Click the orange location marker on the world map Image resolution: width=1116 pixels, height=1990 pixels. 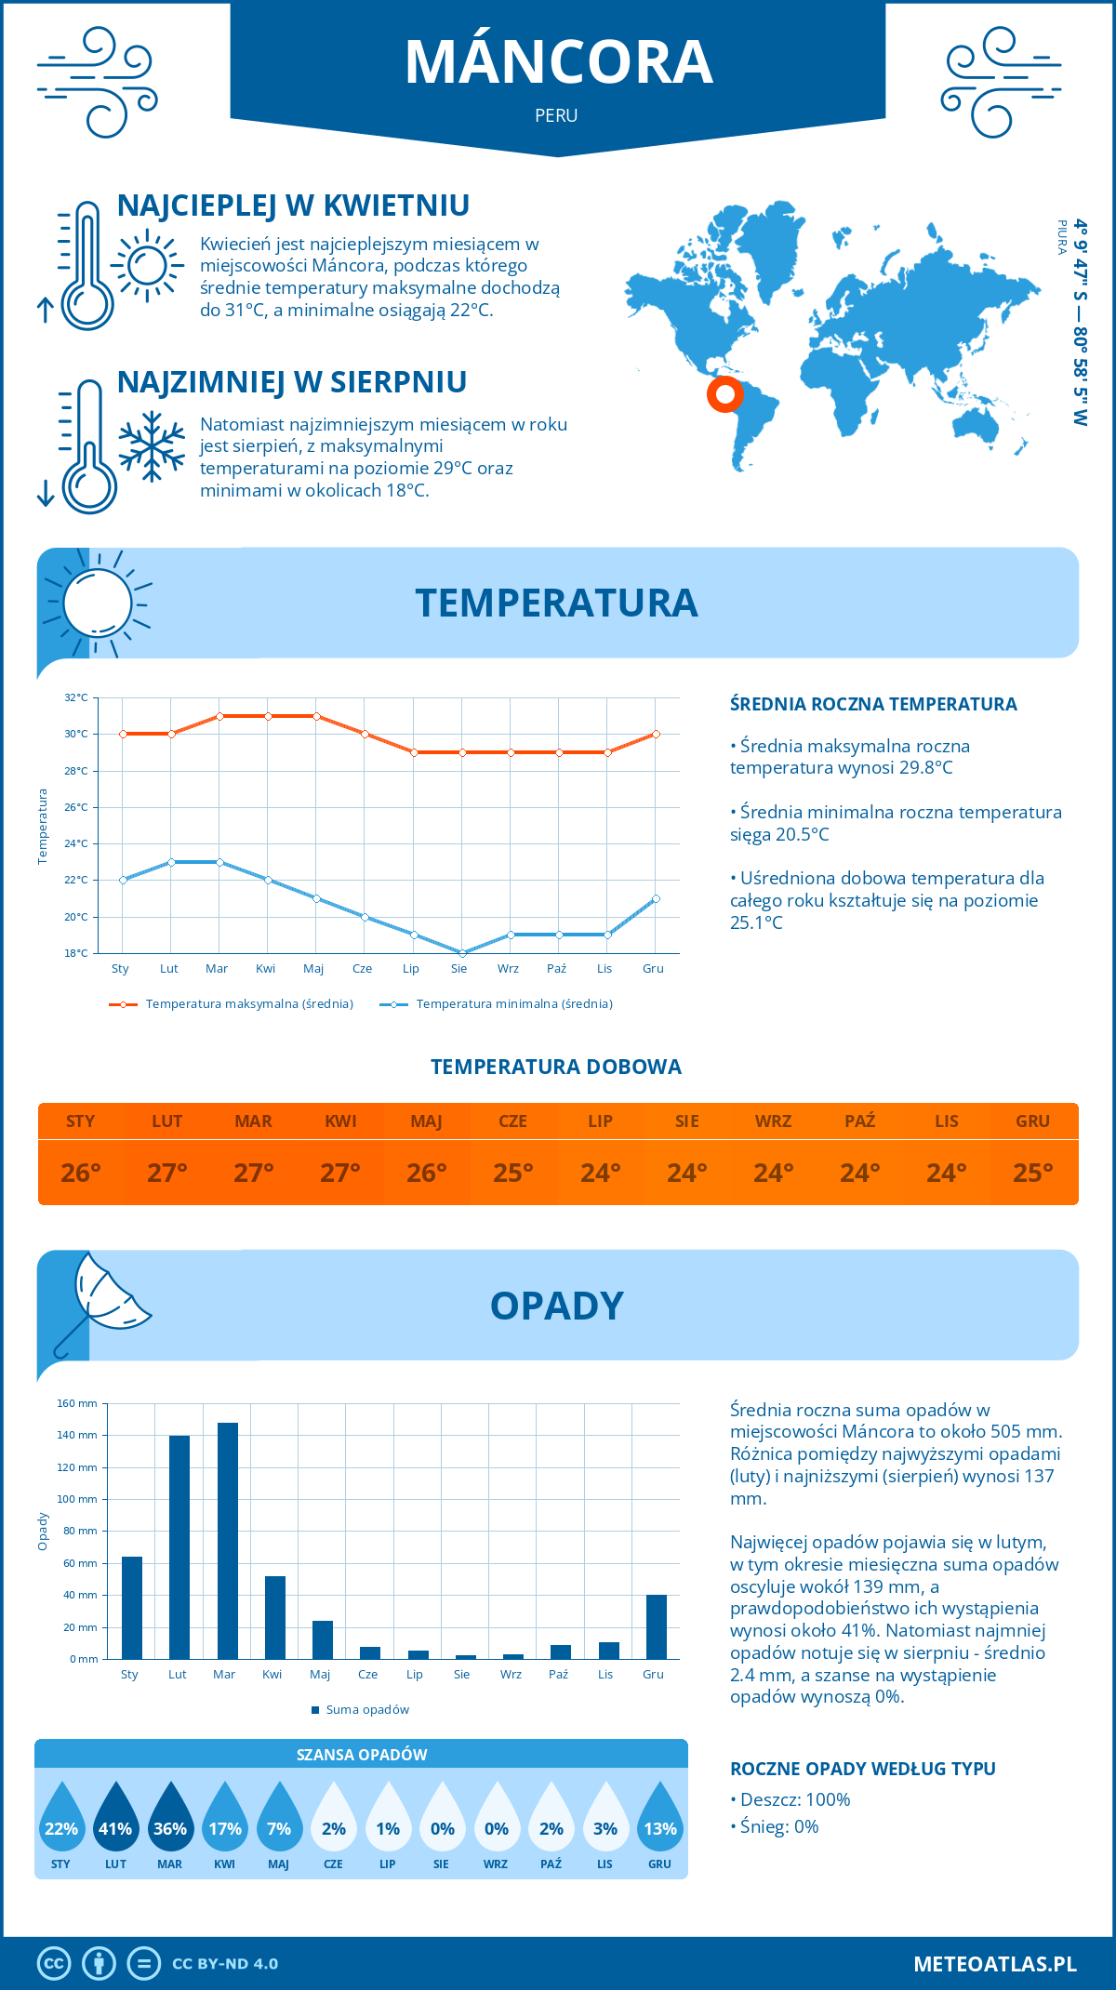[x=724, y=394]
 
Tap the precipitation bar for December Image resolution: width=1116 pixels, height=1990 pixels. [x=657, y=1626]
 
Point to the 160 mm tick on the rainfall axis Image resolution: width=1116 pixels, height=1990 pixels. [x=78, y=1403]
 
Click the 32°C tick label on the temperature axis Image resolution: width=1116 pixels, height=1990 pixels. [x=76, y=697]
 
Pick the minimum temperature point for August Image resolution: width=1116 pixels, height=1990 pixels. [x=462, y=953]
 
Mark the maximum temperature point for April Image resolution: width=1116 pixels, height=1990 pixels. [x=268, y=716]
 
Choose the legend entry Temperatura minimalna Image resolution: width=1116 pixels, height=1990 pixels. [x=497, y=1004]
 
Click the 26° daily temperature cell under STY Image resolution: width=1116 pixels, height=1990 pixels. [x=81, y=1173]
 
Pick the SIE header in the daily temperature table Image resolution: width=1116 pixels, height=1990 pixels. [x=687, y=1121]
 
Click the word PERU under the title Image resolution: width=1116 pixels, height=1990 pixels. [x=556, y=115]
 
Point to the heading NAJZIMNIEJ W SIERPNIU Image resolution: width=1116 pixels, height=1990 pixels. [x=292, y=382]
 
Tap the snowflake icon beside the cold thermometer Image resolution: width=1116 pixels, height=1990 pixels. [x=152, y=445]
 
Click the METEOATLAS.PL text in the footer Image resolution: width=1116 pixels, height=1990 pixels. [x=995, y=1964]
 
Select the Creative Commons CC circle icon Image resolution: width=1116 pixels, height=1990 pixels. [x=54, y=1964]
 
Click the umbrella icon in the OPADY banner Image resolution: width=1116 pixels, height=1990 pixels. [x=100, y=1302]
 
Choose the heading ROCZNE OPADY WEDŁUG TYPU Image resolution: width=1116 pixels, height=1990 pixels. [x=863, y=1769]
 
